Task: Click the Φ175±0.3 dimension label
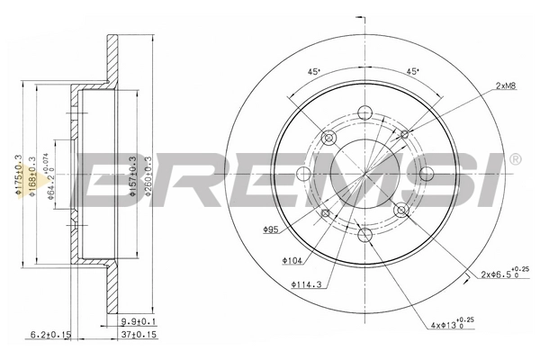(x=18, y=170)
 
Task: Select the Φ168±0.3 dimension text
(x=33, y=170)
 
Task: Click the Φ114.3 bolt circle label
(x=305, y=287)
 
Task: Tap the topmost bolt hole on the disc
(x=365, y=112)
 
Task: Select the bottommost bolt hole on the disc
(x=365, y=235)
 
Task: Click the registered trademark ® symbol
(x=514, y=160)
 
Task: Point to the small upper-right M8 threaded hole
(x=404, y=134)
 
